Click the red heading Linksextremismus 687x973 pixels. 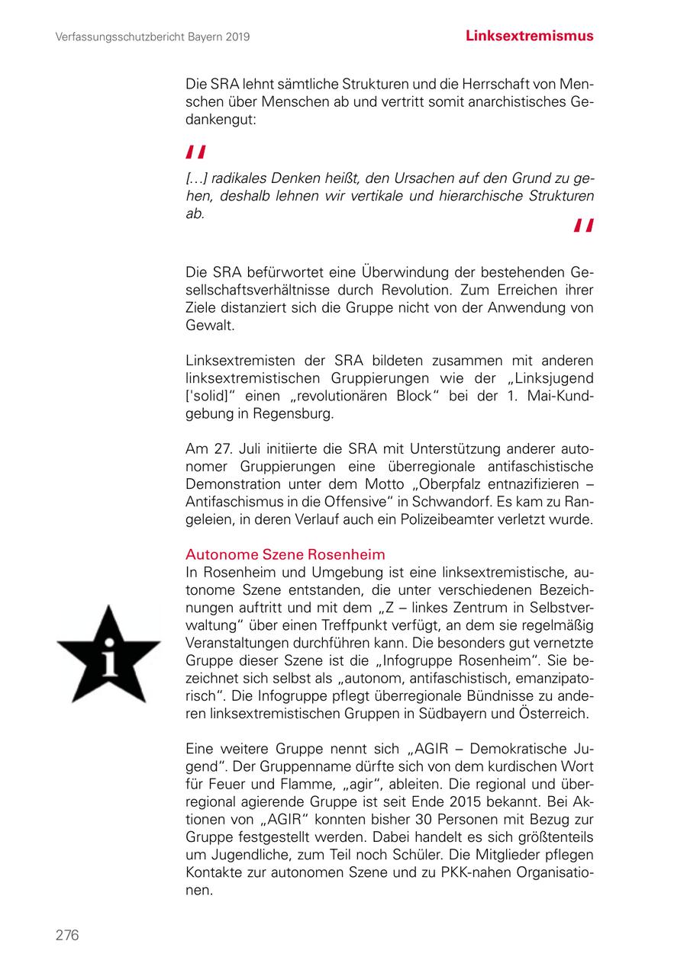click(x=529, y=36)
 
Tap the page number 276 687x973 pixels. click(x=67, y=935)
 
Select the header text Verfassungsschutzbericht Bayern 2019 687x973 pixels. click(x=153, y=37)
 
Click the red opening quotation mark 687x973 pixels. click(x=196, y=153)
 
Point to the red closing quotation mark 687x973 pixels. click(x=584, y=226)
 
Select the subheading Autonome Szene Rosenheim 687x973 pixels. click(x=285, y=554)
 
